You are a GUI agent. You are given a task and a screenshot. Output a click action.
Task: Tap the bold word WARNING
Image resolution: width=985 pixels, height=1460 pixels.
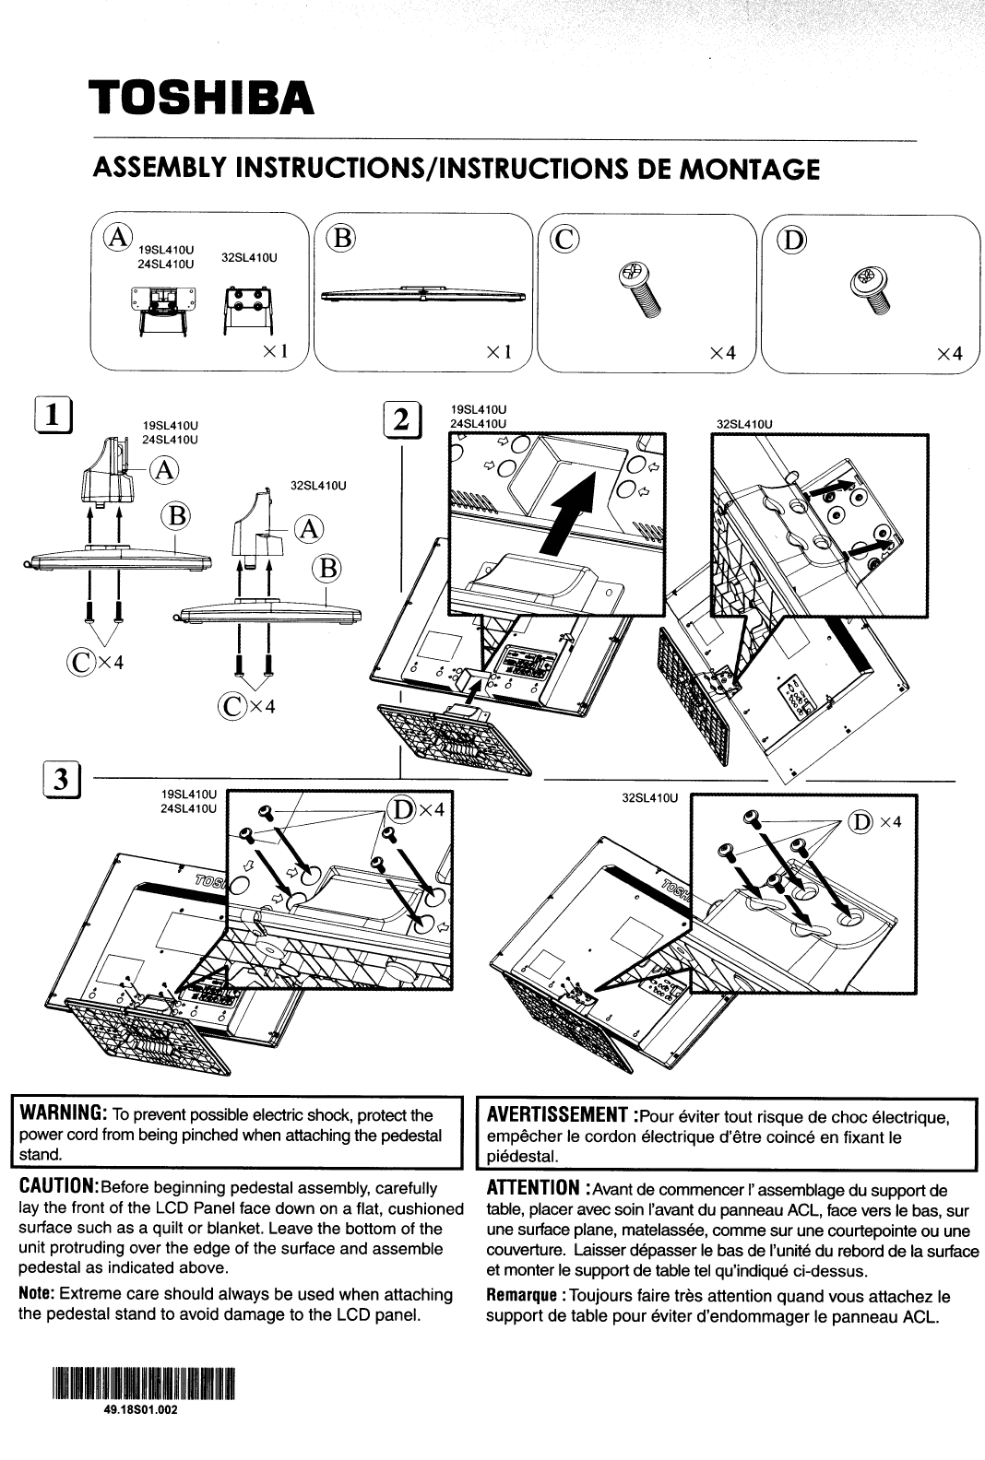pyautogui.click(x=61, y=1115)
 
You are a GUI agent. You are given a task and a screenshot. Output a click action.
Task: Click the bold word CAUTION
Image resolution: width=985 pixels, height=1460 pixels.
pyautogui.click(x=58, y=1187)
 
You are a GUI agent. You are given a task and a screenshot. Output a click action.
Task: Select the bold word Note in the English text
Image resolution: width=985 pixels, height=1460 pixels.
pyautogui.click(x=36, y=1294)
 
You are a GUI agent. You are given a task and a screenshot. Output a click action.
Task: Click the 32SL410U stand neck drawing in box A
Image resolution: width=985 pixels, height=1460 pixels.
pyautogui.click(x=246, y=310)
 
